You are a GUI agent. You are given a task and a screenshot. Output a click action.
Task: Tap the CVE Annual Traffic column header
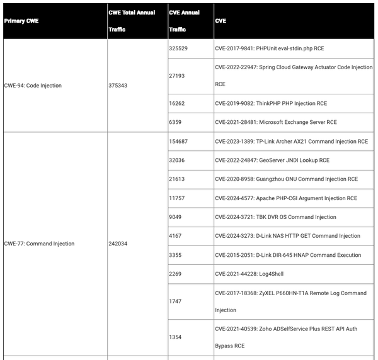click(x=185, y=21)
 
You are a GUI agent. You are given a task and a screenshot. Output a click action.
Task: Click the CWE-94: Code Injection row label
click(x=33, y=86)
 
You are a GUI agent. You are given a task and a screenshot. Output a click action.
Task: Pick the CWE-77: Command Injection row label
click(x=39, y=244)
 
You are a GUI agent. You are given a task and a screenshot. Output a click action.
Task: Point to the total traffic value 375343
click(x=118, y=86)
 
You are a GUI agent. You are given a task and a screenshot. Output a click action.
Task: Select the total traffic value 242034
click(x=118, y=244)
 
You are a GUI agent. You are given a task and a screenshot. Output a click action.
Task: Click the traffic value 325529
click(x=178, y=48)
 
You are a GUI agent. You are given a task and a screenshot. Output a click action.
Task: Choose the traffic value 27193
click(x=177, y=75)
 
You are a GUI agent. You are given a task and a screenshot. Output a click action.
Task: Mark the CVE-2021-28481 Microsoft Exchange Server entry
click(x=275, y=122)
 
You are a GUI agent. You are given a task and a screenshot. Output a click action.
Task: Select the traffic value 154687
click(x=178, y=142)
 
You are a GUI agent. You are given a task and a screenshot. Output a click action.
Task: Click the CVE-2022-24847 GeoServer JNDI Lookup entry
click(x=272, y=160)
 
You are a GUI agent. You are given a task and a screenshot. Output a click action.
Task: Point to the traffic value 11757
click(x=177, y=198)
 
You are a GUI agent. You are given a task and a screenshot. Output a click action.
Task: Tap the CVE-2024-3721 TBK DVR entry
click(x=275, y=217)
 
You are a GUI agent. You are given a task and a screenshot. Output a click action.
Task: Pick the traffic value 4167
click(x=176, y=236)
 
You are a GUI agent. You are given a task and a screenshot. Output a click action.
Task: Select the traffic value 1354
click(x=176, y=337)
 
